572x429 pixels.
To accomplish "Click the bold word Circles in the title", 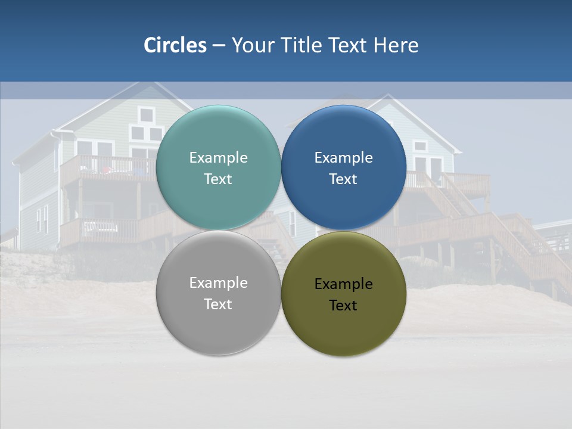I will (175, 45).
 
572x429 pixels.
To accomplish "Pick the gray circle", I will (218, 325).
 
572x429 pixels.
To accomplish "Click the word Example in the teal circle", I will (218, 158).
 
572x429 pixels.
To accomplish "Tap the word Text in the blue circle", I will (343, 179).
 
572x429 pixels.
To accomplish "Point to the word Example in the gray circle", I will (218, 283).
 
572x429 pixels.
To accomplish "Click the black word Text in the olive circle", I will (343, 306).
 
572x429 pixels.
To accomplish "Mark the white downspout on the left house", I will (61, 179).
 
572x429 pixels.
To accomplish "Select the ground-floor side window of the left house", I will (42, 219).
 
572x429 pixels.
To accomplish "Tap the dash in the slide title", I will (219, 46).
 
